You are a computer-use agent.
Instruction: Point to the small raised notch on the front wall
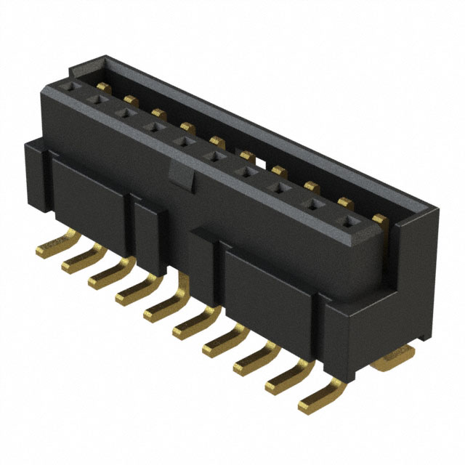[180, 174]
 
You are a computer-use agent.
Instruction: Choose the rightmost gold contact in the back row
[379, 217]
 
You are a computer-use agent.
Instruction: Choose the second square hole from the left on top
[96, 99]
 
